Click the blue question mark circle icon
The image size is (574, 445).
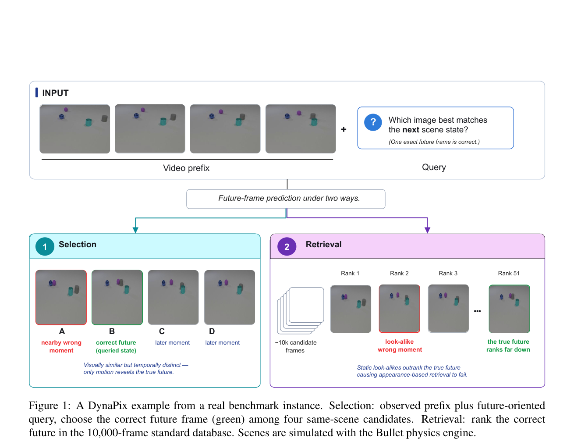coord(373,122)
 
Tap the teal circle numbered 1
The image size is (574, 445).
coord(45,246)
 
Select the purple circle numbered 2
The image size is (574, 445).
coord(287,246)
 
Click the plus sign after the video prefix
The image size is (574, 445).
coord(344,129)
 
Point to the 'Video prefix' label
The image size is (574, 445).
coord(186,168)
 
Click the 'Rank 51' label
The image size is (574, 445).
coord(508,273)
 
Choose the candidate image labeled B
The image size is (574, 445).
coord(117,297)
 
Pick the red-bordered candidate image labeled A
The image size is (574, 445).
coord(61,297)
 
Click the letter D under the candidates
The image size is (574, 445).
coord(212,331)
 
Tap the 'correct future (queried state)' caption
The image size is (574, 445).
coord(116,346)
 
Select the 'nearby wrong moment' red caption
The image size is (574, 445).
coord(61,346)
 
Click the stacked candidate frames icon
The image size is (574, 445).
coord(301,310)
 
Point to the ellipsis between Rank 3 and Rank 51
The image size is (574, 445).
coord(477,311)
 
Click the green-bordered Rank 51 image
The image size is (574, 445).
coord(509,309)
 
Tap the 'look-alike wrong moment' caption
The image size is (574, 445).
coord(400,345)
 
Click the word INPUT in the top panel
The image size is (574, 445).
coord(55,93)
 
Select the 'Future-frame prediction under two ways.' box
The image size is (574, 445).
coord(286,199)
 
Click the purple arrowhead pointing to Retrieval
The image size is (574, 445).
coord(427,230)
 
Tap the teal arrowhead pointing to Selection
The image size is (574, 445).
coord(135,230)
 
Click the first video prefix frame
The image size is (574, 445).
coord(75,129)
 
